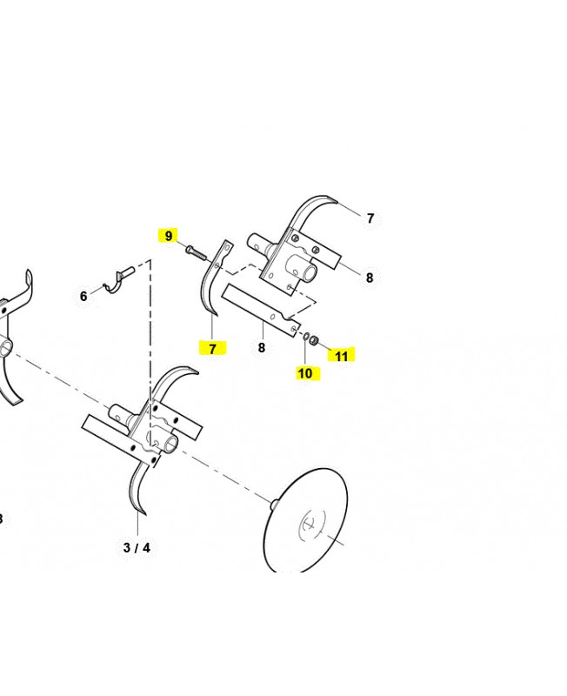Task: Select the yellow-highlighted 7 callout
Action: coord(212,348)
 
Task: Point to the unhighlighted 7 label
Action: coord(370,218)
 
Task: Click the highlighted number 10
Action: coord(305,373)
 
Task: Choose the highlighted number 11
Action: coord(341,355)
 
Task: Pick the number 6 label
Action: coord(83,297)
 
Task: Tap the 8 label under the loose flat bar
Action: coord(261,348)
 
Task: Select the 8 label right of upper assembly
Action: coord(369,278)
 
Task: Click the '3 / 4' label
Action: coord(137,547)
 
